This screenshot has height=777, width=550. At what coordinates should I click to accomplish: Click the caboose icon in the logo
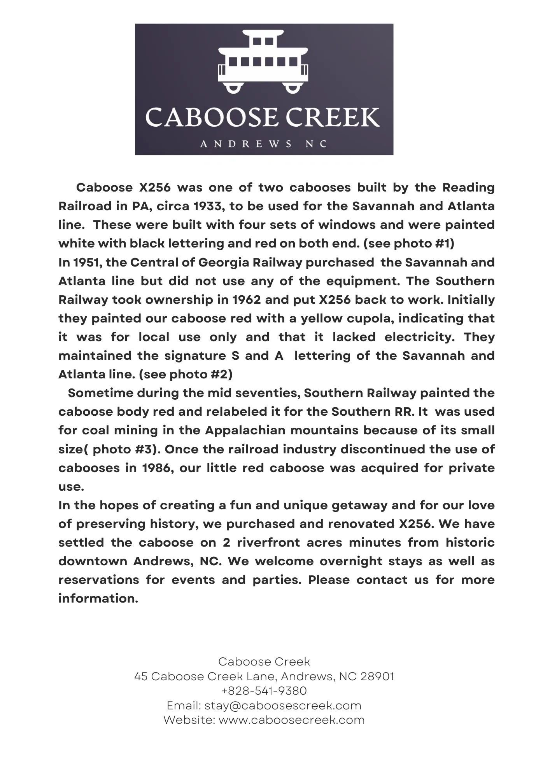pyautogui.click(x=263, y=61)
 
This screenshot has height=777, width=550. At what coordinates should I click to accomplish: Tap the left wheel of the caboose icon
pyautogui.click(x=233, y=87)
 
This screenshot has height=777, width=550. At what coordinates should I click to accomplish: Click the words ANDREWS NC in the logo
pyautogui.click(x=263, y=144)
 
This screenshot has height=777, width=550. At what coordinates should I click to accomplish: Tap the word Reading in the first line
pyautogui.click(x=468, y=187)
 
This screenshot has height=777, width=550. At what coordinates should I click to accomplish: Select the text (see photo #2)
pyautogui.click(x=186, y=374)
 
